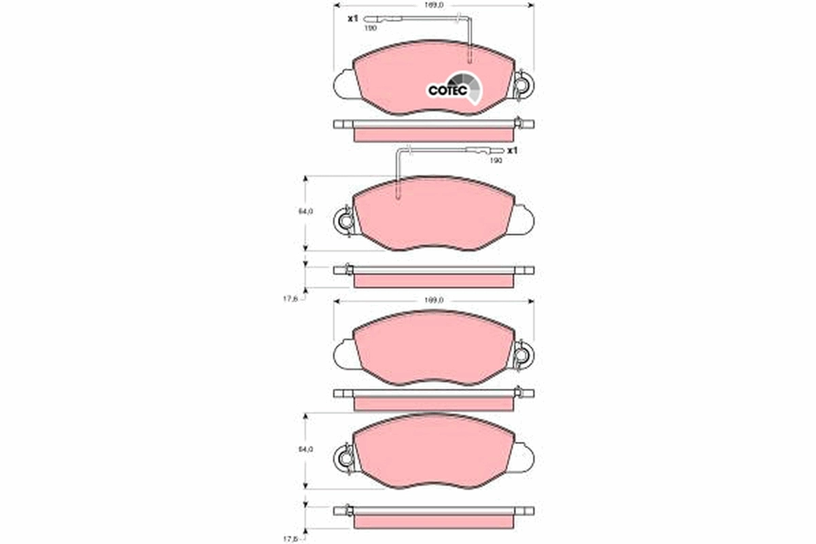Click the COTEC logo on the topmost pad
[454, 88]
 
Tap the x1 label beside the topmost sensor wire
[352, 19]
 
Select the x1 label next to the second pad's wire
[513, 150]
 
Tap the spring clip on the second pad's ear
[345, 221]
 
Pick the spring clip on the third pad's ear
[523, 356]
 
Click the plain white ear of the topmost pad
[344, 84]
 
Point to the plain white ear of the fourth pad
[524, 457]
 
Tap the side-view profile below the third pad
[434, 399]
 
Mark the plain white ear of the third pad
[344, 355]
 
